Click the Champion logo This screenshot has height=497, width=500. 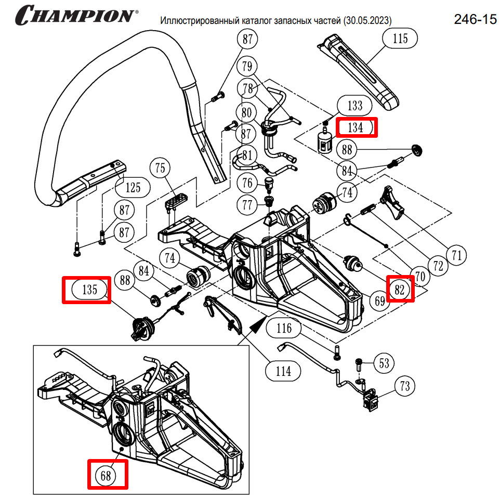point(76,15)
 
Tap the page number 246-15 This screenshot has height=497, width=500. point(475,20)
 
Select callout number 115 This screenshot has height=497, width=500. point(400,38)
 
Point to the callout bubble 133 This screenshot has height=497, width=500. point(355,106)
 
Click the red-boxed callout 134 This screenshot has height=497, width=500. point(356,127)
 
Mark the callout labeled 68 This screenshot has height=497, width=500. point(107,474)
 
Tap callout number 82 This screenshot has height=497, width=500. point(400,290)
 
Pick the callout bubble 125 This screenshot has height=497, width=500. point(133,187)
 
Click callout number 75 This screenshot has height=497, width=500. point(160,168)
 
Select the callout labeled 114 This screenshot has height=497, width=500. point(283,371)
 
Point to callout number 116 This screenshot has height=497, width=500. point(284,328)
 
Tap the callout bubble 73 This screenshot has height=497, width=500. point(405,386)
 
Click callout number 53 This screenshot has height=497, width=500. point(384,363)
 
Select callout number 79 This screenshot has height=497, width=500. point(248,67)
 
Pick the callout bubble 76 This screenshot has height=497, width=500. point(248,183)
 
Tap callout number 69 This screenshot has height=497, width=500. point(380,300)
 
